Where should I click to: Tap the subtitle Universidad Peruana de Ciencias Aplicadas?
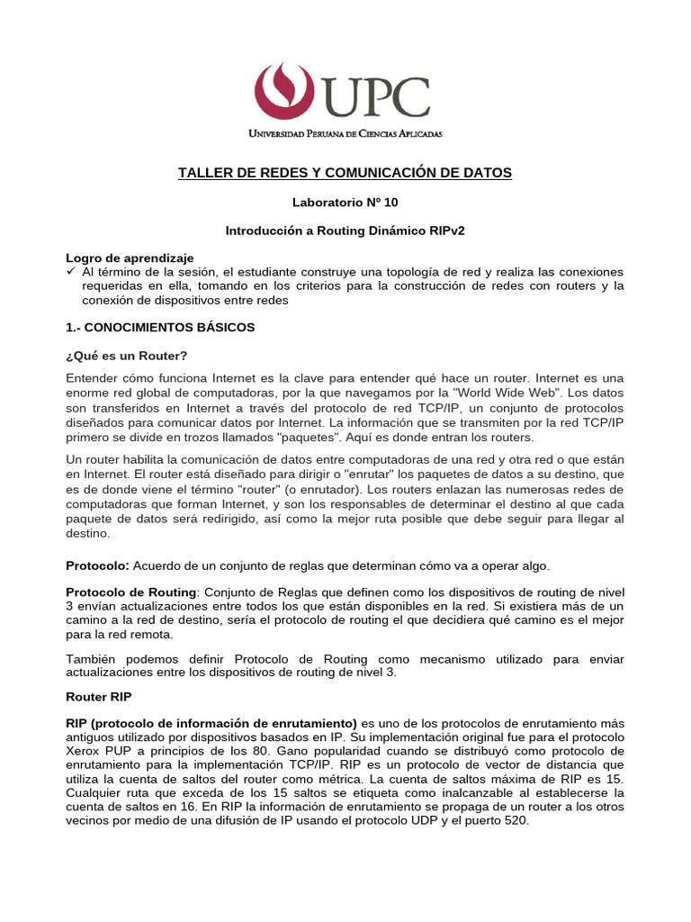tap(345, 133)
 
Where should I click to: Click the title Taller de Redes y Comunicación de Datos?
tap(345, 172)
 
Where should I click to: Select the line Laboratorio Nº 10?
tap(345, 203)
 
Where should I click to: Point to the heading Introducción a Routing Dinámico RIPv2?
tap(345, 230)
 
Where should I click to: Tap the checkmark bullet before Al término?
tap(71, 271)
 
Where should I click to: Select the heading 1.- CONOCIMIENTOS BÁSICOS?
tap(160, 327)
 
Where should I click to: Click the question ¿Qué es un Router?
tap(126, 356)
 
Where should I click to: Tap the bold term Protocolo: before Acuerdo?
tap(98, 565)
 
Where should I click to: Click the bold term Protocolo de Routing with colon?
tap(132, 592)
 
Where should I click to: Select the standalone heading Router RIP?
tap(101, 696)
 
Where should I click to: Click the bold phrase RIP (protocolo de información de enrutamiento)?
tap(211, 723)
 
